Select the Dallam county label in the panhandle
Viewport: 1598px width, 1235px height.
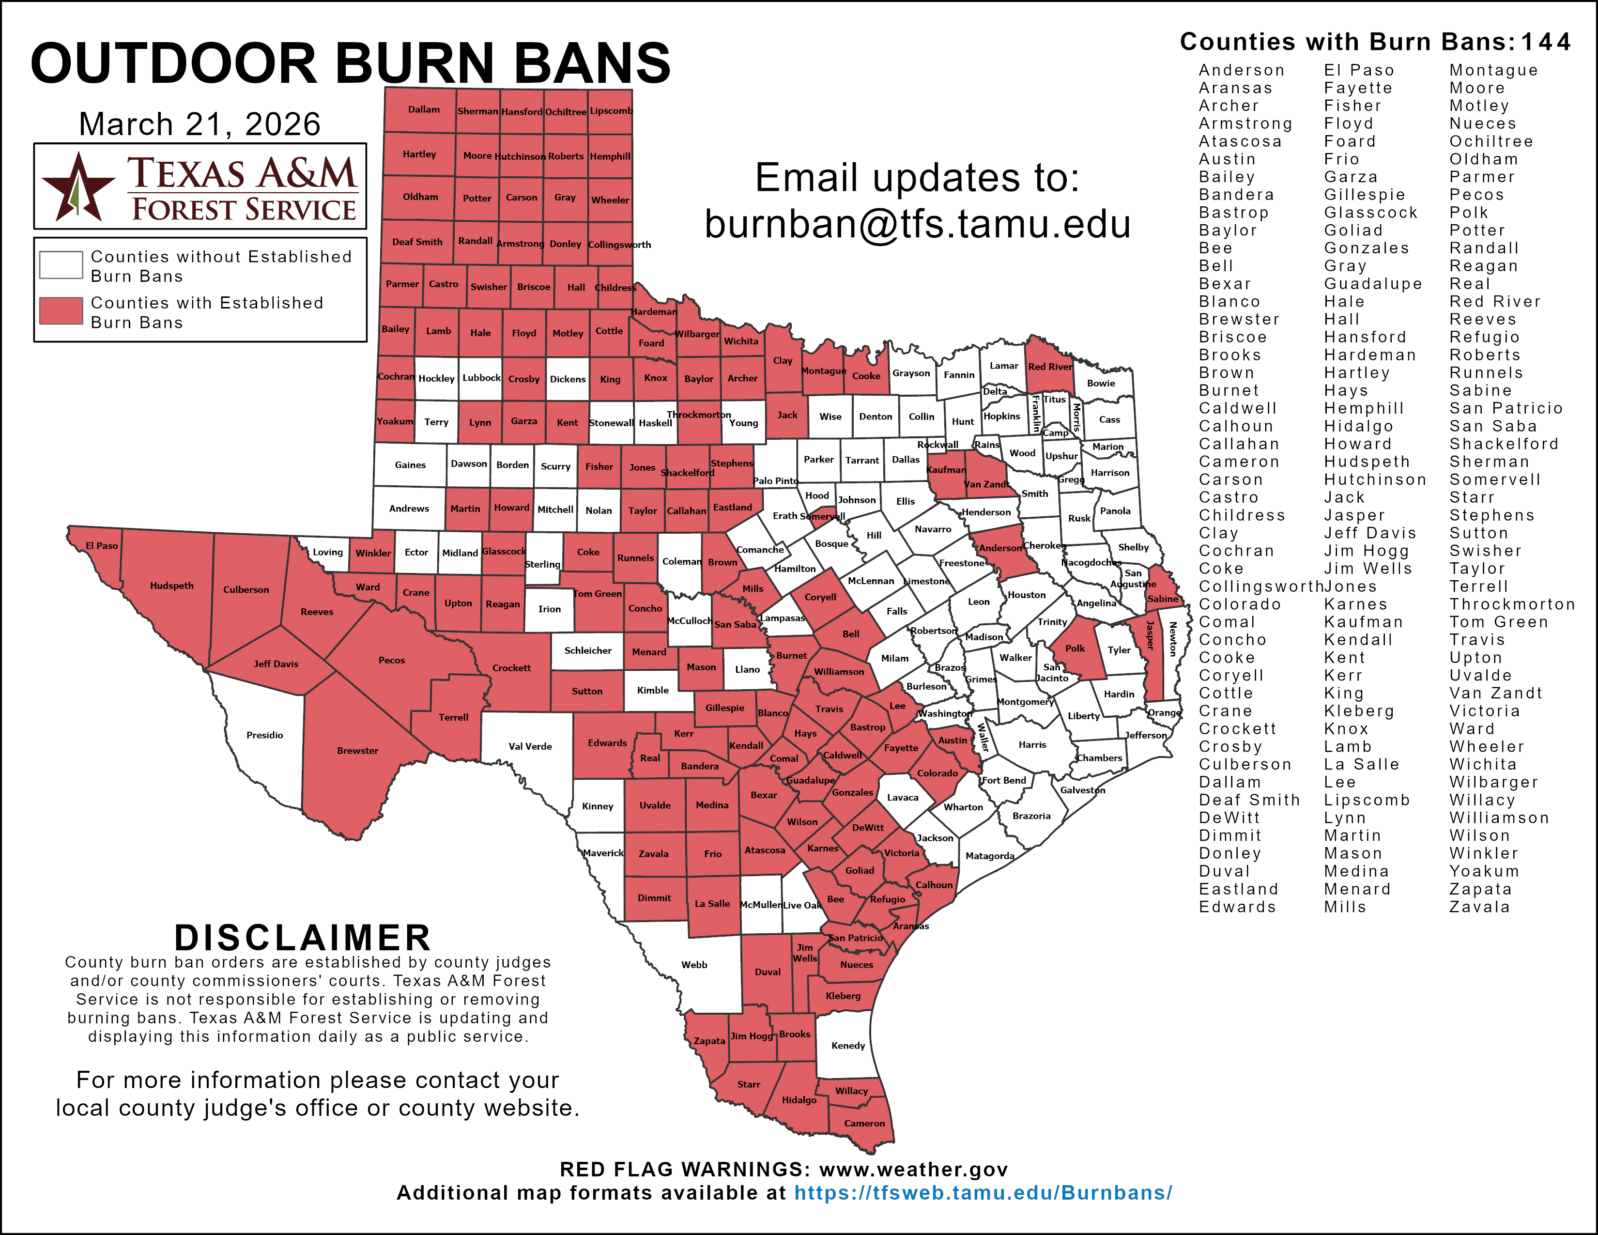(x=424, y=110)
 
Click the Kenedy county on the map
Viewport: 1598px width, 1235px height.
(x=848, y=1046)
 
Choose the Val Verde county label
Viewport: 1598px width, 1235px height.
(x=530, y=746)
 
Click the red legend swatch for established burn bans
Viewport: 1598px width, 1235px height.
(x=61, y=311)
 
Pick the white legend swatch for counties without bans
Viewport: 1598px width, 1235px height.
(x=61, y=265)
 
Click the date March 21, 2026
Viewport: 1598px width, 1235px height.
(x=199, y=124)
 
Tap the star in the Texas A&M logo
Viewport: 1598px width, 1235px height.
(x=77, y=187)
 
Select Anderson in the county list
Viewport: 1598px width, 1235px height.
(x=1241, y=70)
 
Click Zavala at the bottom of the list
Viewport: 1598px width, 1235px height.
(x=1479, y=907)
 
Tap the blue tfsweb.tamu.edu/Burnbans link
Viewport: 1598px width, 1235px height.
(x=983, y=1193)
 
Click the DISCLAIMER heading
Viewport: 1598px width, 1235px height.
(x=302, y=938)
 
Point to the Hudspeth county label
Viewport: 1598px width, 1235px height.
(x=171, y=586)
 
